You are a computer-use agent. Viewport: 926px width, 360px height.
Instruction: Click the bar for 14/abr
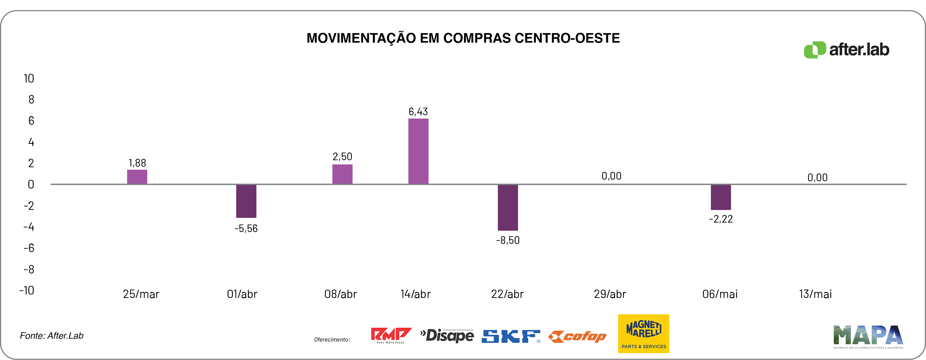418,152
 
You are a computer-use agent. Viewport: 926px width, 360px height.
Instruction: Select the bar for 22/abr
508,208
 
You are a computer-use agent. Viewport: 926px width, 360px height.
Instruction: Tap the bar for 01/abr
246,201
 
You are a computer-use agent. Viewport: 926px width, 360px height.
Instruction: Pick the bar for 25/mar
137,177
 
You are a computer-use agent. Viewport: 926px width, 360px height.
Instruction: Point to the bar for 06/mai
721,197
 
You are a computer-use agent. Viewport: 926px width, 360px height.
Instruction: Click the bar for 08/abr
342,174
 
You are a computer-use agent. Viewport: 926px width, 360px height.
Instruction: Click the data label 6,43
418,112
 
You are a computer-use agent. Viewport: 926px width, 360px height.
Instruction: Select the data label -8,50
508,240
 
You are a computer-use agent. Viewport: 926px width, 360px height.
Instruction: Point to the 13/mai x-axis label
815,294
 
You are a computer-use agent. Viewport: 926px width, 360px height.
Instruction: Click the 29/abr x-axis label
610,294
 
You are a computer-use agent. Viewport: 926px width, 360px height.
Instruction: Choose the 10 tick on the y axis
29,78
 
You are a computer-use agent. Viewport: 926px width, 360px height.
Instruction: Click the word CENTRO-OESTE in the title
567,38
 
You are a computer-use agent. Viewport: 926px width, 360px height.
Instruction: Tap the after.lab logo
846,50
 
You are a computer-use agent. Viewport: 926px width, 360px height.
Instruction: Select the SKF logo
511,336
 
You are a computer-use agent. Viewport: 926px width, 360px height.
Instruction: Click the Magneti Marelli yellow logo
643,333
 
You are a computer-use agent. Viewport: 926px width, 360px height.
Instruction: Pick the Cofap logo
577,337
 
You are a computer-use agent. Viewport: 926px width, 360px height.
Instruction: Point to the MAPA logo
868,336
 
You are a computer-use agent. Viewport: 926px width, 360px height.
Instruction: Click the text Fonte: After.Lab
52,335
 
